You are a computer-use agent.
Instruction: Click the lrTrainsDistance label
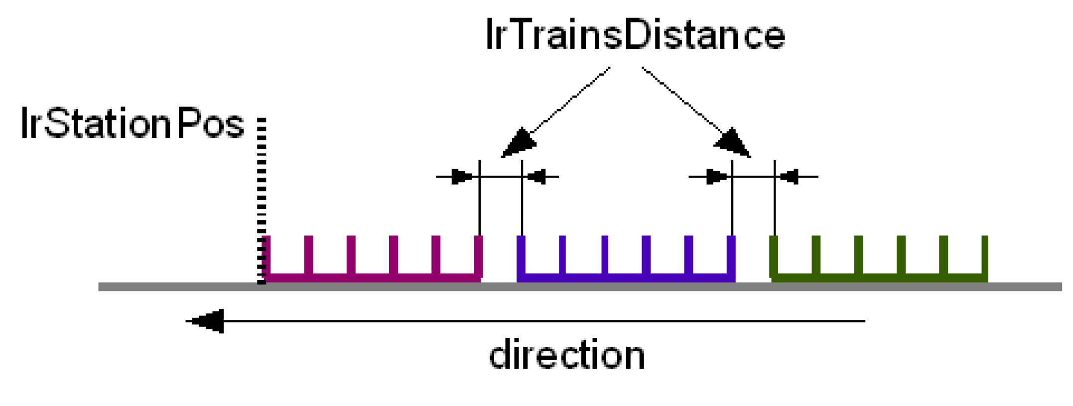point(635,35)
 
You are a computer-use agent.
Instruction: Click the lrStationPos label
point(132,123)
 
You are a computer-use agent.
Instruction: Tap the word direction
point(567,355)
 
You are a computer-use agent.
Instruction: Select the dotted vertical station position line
point(262,199)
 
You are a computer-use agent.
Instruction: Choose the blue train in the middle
point(626,277)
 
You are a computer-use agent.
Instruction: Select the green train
point(879,277)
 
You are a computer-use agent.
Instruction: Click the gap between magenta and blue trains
point(500,259)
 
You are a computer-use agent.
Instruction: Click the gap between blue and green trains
point(753,259)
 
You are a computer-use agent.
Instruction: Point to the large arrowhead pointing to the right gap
point(733,143)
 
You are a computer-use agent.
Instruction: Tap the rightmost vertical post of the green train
point(985,256)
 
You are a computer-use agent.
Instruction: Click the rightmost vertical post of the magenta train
point(479,256)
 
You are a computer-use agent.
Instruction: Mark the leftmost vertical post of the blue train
point(521,256)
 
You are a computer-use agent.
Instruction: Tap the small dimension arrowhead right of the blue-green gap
point(790,177)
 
